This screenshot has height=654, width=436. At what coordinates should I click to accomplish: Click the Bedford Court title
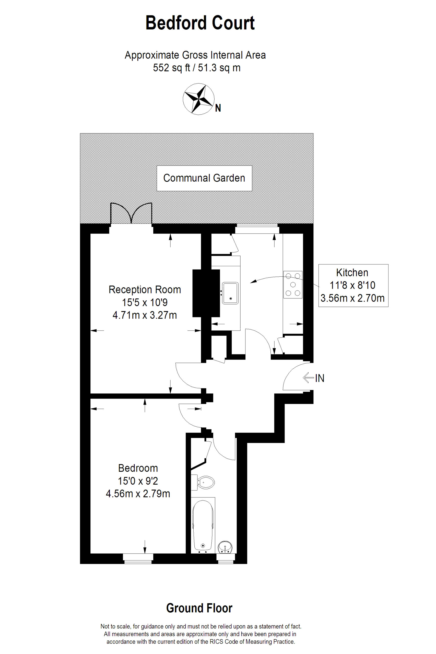click(x=200, y=23)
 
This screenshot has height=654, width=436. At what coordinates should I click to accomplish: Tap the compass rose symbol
click(x=198, y=99)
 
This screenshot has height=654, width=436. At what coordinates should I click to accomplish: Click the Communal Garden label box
click(x=204, y=178)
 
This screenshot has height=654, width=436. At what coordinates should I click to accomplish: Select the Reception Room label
click(x=145, y=290)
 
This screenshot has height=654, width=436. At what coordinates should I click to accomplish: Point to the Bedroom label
click(x=138, y=468)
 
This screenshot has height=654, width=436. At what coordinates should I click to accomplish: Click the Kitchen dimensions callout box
click(x=353, y=286)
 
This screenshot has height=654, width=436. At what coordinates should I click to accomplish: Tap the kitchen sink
click(x=230, y=293)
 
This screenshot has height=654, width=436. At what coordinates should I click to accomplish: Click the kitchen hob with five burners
click(x=293, y=284)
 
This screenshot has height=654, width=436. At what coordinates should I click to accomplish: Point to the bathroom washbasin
click(x=225, y=547)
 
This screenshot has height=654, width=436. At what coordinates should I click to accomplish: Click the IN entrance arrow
click(x=308, y=378)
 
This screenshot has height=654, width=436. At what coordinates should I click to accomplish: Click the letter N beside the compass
click(x=218, y=108)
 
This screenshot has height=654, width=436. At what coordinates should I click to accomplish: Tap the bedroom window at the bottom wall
click(x=138, y=559)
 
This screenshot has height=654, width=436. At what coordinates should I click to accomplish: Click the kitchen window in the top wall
click(x=257, y=229)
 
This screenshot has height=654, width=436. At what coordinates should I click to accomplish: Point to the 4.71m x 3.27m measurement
click(x=145, y=315)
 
